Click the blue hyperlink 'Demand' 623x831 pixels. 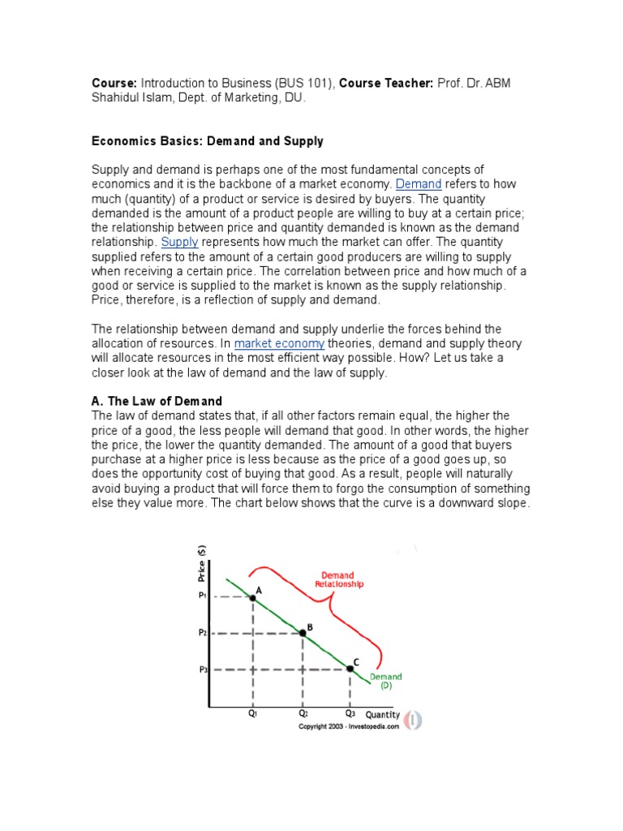point(419,184)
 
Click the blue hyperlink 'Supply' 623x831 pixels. point(179,242)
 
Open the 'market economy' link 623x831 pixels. point(279,343)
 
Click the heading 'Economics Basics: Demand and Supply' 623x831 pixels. point(207,141)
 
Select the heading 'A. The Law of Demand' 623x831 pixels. point(157,402)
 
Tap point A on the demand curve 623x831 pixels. point(253,596)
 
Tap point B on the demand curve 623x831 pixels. point(303,632)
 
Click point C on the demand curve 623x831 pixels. point(350,668)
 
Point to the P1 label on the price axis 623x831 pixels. point(203,596)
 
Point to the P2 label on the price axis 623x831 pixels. point(203,632)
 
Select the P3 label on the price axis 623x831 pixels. point(203,669)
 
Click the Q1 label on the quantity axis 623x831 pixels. point(253,714)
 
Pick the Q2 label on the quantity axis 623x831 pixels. point(303,714)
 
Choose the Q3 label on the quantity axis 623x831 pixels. point(350,714)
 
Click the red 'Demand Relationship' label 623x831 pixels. point(339,579)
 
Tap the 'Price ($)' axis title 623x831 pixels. point(202,564)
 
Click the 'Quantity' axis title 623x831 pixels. point(382,715)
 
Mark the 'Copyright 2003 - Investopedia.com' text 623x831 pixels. point(349,727)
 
